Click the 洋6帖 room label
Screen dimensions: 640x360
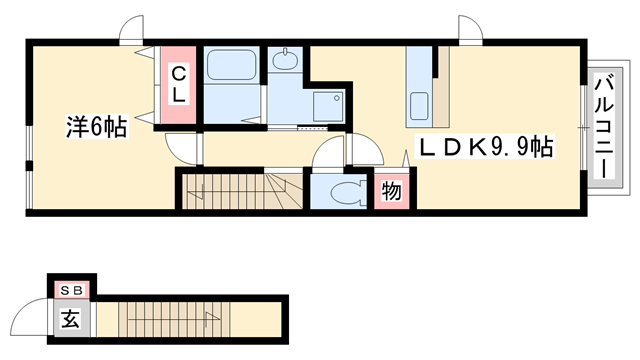(x=97, y=127)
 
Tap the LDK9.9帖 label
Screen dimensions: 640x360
(x=484, y=147)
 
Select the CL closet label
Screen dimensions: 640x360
(x=178, y=85)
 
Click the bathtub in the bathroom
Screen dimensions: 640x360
(x=231, y=64)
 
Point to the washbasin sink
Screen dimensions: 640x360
(x=285, y=60)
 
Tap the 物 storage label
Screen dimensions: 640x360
(x=391, y=191)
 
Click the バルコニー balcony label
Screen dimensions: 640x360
(x=604, y=127)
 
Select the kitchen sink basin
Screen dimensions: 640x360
(x=419, y=106)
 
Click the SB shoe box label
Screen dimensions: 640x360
(x=72, y=291)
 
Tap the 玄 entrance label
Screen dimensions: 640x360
(x=70, y=318)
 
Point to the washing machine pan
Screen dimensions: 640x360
(x=328, y=106)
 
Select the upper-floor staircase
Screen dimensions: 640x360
(x=242, y=191)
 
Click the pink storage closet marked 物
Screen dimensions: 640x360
(x=392, y=191)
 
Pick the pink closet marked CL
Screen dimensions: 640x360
(x=178, y=85)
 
